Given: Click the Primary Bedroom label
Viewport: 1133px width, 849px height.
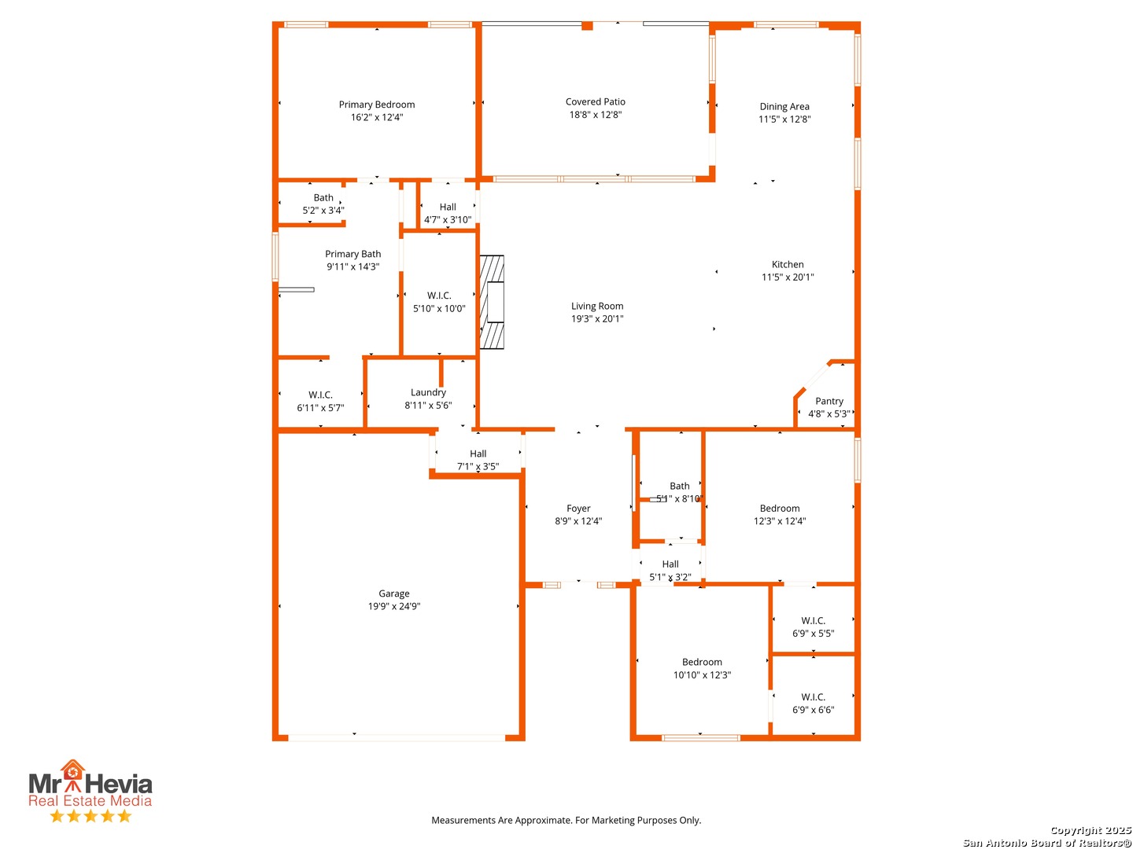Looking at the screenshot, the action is pyautogui.click(x=376, y=104).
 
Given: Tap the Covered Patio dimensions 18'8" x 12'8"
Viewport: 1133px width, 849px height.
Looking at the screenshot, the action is pyautogui.click(x=595, y=115).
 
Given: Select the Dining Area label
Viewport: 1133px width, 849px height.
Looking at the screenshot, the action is pyautogui.click(x=784, y=106).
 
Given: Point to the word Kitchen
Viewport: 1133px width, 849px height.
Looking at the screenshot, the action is pyautogui.click(x=787, y=264).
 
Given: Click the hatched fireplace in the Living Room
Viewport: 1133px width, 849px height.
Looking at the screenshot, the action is pyautogui.click(x=492, y=302).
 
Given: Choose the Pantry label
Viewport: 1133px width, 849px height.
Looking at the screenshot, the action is pyautogui.click(x=829, y=401).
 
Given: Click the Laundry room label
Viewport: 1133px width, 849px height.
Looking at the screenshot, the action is pyautogui.click(x=428, y=392).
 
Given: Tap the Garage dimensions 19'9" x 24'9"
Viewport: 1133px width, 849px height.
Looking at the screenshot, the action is pyautogui.click(x=394, y=606).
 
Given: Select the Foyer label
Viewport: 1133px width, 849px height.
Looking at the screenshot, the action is pyautogui.click(x=578, y=509).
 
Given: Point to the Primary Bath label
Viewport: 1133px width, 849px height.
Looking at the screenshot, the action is pyautogui.click(x=352, y=254).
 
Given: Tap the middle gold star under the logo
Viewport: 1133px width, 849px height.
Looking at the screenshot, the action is pyautogui.click(x=90, y=815).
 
